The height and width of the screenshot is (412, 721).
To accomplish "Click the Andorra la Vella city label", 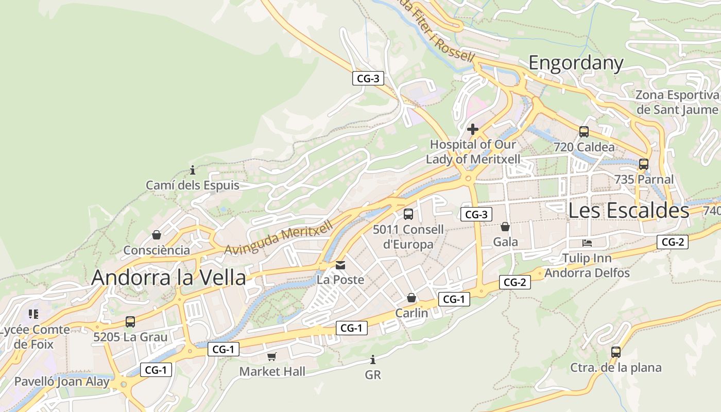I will coord(168,278).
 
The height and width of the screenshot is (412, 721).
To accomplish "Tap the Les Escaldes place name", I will coord(628,210).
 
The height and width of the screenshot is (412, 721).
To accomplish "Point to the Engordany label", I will coord(576,63).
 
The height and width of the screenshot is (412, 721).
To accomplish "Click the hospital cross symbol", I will coord(473,129).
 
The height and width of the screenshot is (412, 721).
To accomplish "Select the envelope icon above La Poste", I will coord(340,265).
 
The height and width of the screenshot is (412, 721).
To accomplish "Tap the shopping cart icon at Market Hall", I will coord(272,356).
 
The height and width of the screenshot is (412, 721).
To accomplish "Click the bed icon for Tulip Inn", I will coord(587,243).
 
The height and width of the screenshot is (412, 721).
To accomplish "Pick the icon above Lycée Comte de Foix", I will coord(33,314).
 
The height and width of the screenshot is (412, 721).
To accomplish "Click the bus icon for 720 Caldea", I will coord(584,132).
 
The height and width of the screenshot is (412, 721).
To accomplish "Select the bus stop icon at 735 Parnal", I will coord(644,164).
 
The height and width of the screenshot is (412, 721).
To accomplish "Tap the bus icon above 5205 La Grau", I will coord(130,322).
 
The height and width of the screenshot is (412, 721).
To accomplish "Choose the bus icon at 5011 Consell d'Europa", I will coord(408,214).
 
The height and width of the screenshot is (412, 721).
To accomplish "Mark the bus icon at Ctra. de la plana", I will coord(616,352).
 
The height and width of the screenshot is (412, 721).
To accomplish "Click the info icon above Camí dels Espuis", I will coord(193,170).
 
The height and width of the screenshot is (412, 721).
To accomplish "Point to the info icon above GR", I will coord(373,359).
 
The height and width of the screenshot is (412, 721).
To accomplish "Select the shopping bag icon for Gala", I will coord(505,227).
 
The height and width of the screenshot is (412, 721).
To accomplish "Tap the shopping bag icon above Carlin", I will coord(411,298).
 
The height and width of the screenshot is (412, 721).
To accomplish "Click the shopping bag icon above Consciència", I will coord(157,235).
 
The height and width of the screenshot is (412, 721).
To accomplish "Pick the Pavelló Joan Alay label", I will coord(62,382).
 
